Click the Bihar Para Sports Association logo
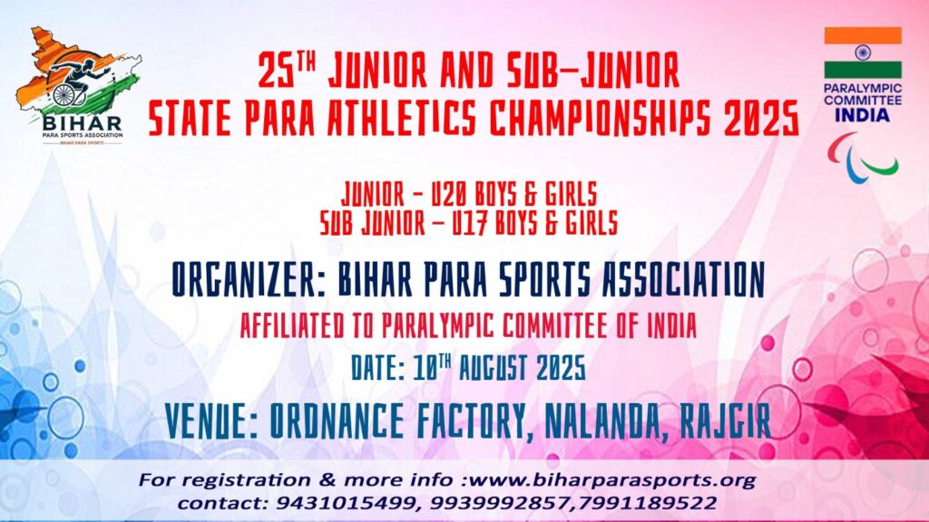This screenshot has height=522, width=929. (x=78, y=86)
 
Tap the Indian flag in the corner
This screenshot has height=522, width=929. (x=863, y=53)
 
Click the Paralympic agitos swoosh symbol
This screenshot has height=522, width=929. (x=863, y=157)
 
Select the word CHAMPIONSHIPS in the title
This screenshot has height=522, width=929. (x=599, y=118)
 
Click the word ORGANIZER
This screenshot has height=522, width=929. (x=249, y=279)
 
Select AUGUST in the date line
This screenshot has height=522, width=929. (x=494, y=368)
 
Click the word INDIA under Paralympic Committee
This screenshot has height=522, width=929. (x=863, y=115)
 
